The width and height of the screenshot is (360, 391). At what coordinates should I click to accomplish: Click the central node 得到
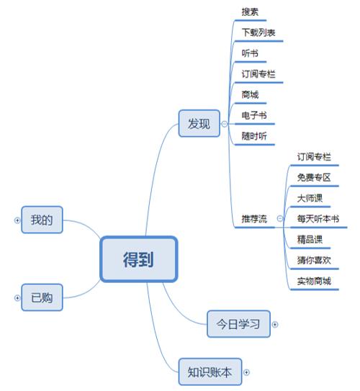click(x=139, y=259)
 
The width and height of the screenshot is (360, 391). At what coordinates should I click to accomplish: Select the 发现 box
click(x=199, y=123)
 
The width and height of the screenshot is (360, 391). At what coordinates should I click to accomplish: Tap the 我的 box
click(x=42, y=220)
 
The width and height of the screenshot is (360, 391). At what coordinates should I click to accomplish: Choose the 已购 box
click(x=42, y=297)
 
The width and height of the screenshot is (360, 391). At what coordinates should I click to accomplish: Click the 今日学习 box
click(x=238, y=324)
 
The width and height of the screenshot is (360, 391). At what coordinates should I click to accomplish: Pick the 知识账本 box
click(x=210, y=372)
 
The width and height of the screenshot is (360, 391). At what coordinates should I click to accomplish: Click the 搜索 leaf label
click(x=250, y=12)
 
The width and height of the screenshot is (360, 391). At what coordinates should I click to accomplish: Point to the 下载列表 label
click(x=258, y=32)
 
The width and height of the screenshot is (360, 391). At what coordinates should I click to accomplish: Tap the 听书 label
click(x=250, y=53)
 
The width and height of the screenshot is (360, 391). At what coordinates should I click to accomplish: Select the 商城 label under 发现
click(x=250, y=94)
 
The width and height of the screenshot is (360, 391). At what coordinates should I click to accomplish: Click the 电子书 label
click(x=254, y=115)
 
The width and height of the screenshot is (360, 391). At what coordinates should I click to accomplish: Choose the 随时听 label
click(x=254, y=136)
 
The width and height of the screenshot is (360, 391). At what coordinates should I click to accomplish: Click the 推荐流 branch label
click(x=254, y=219)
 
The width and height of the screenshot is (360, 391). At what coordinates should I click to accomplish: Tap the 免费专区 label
click(x=314, y=178)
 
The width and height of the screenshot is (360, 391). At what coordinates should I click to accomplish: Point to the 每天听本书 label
click(x=318, y=219)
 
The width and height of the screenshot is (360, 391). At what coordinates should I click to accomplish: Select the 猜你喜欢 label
click(x=314, y=261)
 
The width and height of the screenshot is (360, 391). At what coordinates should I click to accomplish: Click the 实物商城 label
click(x=314, y=281)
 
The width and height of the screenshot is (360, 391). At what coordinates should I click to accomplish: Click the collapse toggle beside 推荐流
click(x=280, y=219)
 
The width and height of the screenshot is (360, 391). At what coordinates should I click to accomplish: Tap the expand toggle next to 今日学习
click(x=275, y=325)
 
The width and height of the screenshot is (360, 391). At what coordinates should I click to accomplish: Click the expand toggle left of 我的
click(x=17, y=220)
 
